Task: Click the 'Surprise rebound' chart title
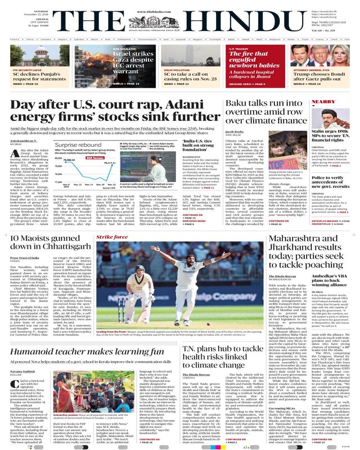click(79, 144)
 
